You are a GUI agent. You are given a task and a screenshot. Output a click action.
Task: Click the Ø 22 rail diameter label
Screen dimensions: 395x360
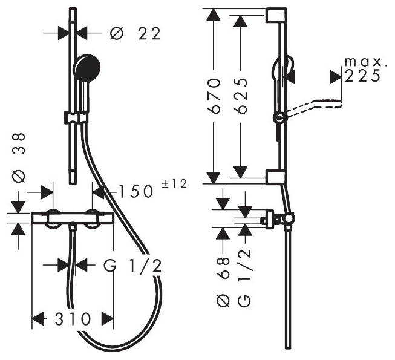(x=135, y=33)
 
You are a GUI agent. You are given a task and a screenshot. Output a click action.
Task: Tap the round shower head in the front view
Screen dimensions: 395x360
(x=87, y=67)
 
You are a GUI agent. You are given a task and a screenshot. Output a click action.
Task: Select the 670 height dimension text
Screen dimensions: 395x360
(x=214, y=96)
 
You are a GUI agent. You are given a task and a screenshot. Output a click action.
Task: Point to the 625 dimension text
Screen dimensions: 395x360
(x=240, y=96)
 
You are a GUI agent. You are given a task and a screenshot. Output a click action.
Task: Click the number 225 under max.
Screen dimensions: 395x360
(x=362, y=75)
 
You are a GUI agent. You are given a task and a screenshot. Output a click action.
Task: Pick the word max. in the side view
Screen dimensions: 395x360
(x=365, y=62)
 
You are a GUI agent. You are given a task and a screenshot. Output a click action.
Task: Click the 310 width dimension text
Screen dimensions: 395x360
(x=73, y=319)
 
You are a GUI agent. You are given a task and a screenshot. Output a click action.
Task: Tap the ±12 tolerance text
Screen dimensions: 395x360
(x=174, y=184)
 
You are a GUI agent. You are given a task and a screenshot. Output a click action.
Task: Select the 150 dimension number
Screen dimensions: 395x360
(x=135, y=191)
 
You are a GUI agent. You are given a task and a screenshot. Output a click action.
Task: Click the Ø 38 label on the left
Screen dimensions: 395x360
(x=19, y=158)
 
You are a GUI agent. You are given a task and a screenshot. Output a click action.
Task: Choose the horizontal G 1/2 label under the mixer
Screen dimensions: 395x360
(x=132, y=266)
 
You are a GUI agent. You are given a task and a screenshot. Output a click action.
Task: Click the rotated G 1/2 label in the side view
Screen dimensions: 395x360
(x=244, y=278)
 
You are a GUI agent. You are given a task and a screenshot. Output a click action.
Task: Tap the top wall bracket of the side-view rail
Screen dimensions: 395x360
(x=276, y=15)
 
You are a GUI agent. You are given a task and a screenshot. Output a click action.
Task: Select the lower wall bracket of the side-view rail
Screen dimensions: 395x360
(x=276, y=177)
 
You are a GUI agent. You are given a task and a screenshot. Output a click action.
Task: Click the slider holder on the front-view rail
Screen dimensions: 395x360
(x=76, y=118)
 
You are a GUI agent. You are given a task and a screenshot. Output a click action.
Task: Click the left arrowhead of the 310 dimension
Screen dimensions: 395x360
(x=38, y=319)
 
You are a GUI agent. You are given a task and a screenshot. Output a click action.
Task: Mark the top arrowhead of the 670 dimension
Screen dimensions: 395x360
(x=214, y=15)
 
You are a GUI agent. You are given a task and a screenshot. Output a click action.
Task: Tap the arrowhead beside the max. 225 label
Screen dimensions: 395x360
(x=335, y=77)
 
